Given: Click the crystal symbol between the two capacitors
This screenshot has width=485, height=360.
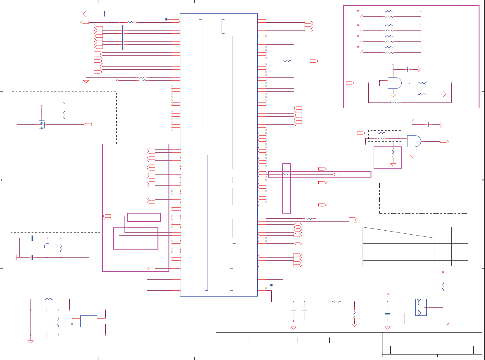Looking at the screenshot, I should point(47,247).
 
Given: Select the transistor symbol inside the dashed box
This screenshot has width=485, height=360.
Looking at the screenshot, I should point(42,125).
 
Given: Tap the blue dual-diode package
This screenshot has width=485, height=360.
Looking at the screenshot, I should point(421,307).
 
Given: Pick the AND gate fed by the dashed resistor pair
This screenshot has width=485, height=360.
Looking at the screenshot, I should point(414,141).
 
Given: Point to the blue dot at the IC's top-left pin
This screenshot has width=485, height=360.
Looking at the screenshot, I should point(166,20).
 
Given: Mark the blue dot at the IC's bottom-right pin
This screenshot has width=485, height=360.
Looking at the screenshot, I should point(271,285).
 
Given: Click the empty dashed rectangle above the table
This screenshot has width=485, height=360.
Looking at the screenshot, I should point(424,198).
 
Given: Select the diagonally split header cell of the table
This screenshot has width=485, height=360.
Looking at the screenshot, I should point(399,232).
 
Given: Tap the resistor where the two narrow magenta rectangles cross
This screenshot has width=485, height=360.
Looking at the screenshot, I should point(286,174).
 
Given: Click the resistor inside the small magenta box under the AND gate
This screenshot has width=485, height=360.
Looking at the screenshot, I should point(393,153).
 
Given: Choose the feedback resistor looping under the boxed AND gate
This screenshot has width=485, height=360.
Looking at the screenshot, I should point(395,103).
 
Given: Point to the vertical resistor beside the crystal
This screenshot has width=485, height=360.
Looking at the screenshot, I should point(61,247).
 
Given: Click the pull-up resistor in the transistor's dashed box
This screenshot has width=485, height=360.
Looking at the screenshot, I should point(64,115).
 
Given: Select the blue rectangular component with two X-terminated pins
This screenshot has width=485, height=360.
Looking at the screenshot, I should point(89,321).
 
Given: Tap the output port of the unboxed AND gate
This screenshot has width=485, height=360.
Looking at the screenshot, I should point(444,141).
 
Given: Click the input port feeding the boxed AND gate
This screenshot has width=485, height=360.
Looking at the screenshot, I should point(350,83).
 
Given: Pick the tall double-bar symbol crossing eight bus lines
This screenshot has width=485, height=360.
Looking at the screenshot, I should point(123,37).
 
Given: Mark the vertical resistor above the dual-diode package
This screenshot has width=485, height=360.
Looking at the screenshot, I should point(443,286).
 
